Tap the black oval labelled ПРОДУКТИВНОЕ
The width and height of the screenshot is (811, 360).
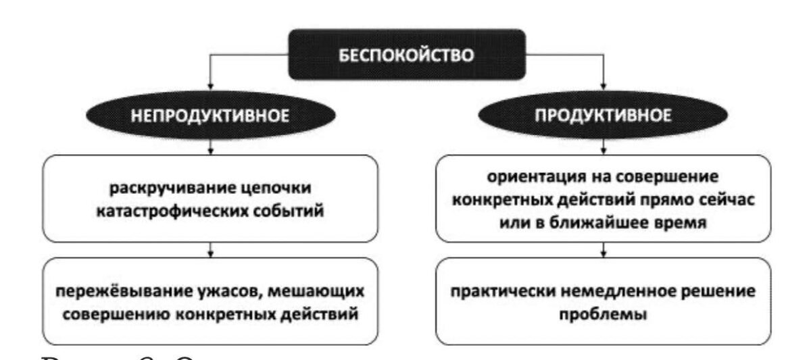(603, 115)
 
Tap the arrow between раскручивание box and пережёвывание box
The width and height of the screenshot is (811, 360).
(212, 251)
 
